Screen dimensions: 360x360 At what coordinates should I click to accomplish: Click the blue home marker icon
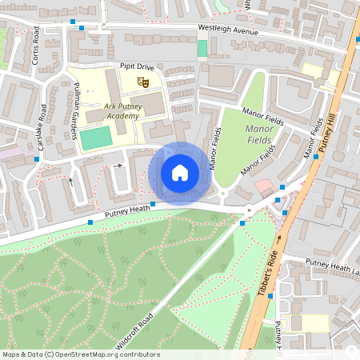pos(180,172)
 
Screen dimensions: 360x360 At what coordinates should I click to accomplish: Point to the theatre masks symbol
pos(144,81)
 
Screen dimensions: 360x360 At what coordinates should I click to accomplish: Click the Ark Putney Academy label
pos(121,110)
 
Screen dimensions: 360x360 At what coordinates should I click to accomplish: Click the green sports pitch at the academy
pos(95,137)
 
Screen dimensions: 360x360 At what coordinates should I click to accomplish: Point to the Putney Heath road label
pos(126,209)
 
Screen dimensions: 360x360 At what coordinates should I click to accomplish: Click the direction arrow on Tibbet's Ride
pos(279,238)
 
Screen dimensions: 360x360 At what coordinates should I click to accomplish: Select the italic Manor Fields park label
pos(259,133)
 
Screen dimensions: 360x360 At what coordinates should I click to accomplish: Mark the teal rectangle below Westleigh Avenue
pos(202,48)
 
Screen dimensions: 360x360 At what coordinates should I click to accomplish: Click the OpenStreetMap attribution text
pos(80,354)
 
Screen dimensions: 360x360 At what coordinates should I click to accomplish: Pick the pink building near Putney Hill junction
pos(263,186)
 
